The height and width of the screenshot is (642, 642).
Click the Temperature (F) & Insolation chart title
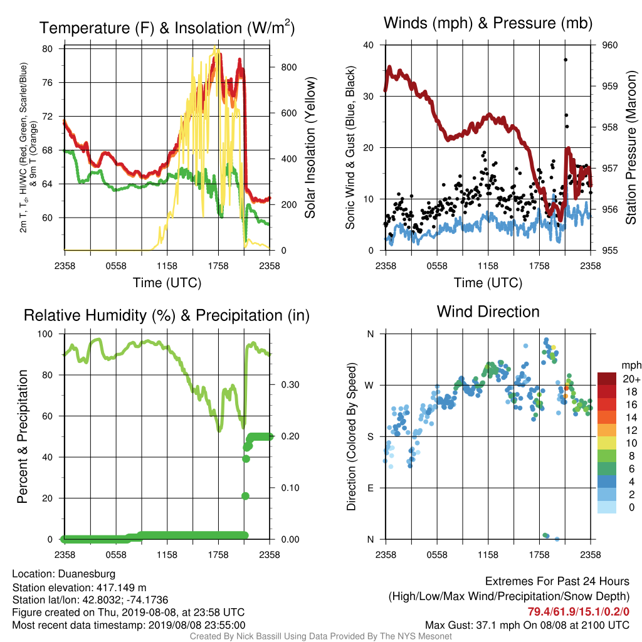coord(167,28)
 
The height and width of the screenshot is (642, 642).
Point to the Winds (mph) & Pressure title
coord(488,23)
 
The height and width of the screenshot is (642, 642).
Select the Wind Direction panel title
coord(488,312)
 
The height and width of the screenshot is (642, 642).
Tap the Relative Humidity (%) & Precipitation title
coord(167,315)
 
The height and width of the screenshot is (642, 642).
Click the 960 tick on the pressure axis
coord(609,45)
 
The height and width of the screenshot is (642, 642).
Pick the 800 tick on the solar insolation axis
coord(288,67)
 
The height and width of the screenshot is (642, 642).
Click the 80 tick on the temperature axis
coord(48,49)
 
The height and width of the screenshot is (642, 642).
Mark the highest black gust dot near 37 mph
coord(566,60)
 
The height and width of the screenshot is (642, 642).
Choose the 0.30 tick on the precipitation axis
coord(290,385)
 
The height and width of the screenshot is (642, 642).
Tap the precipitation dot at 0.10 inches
coord(246,496)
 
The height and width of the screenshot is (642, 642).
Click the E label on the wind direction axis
coord(371,488)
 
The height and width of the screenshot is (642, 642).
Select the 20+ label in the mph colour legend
coord(631,379)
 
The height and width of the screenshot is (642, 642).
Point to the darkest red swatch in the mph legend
coord(607,379)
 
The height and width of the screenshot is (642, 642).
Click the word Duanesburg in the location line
coord(87,574)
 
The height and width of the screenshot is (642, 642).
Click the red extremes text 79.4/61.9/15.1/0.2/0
coord(578,611)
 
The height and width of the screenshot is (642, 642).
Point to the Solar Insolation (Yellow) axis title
coord(310,147)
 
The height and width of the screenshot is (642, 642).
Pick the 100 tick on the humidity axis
coord(45,334)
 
